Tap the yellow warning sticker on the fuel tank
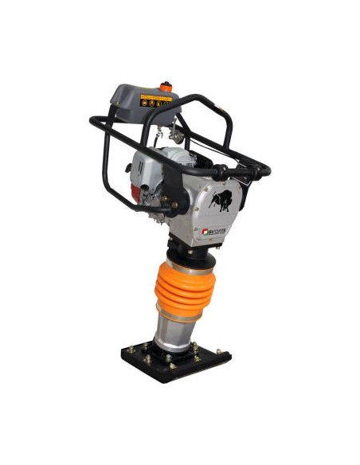click(x=155, y=100)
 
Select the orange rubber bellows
click(x=186, y=290)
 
